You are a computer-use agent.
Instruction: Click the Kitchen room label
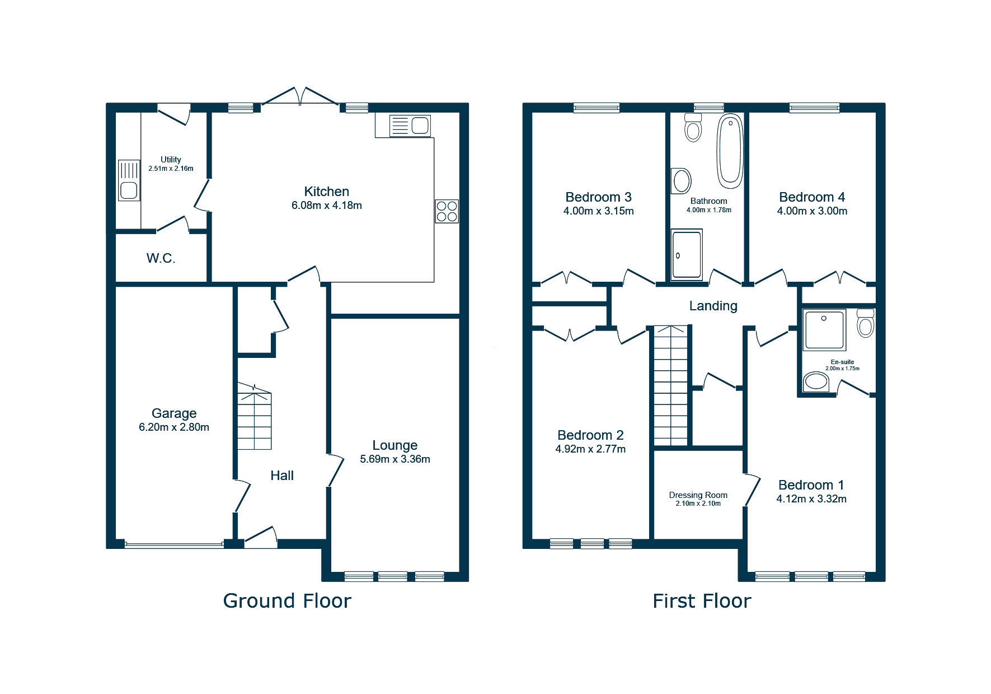pyautogui.click(x=326, y=192)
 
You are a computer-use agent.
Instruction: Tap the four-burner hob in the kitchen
pyautogui.click(x=447, y=211)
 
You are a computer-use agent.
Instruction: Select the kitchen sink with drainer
pyautogui.click(x=410, y=125)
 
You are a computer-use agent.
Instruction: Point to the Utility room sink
pyautogui.click(x=129, y=180)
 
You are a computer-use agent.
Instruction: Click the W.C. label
pyautogui.click(x=161, y=258)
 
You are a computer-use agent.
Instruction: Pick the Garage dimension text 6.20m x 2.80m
pyautogui.click(x=174, y=427)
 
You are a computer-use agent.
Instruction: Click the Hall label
pyautogui.click(x=282, y=476)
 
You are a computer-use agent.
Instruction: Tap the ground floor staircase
pyautogui.click(x=255, y=417)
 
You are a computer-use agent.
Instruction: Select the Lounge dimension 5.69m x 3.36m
pyautogui.click(x=395, y=459)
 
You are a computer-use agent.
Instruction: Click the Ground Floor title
pyautogui.click(x=287, y=601)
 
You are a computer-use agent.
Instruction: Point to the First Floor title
pyautogui.click(x=702, y=601)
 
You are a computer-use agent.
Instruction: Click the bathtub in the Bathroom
pyautogui.click(x=730, y=151)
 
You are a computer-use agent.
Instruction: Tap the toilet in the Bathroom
pyautogui.click(x=693, y=128)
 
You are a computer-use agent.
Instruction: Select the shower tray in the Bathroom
pyautogui.click(x=687, y=254)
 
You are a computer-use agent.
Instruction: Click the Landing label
pyautogui.click(x=713, y=306)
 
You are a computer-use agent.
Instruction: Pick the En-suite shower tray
pyautogui.click(x=824, y=330)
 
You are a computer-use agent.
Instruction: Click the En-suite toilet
pyautogui.click(x=866, y=323)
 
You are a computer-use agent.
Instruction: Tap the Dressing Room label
pyautogui.click(x=698, y=495)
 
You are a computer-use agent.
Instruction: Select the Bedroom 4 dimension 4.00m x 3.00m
pyautogui.click(x=812, y=211)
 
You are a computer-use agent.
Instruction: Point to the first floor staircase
pyautogui.click(x=671, y=385)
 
